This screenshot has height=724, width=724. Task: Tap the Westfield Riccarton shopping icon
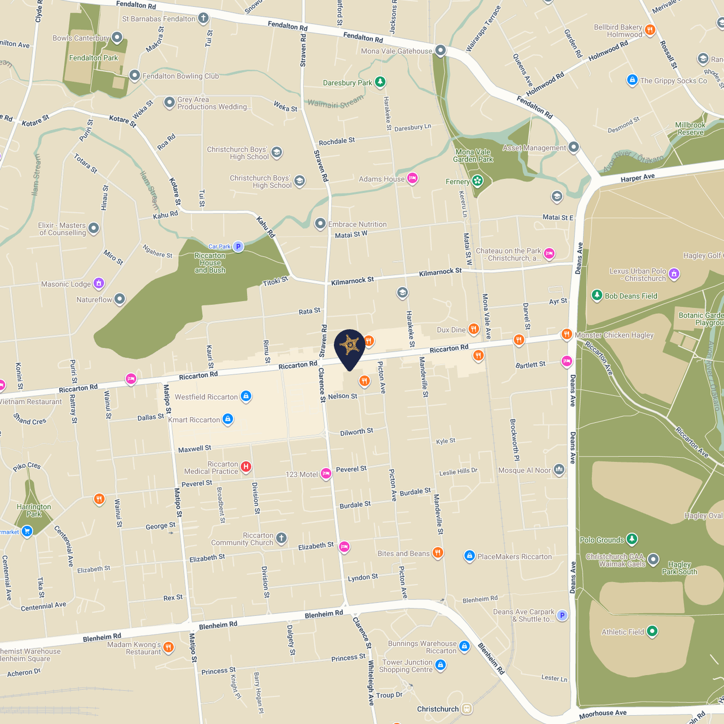point(246,396)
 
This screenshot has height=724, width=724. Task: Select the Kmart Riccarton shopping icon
point(228,419)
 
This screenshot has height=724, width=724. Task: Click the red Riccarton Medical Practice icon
point(246,467)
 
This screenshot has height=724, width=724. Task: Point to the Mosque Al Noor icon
point(559,469)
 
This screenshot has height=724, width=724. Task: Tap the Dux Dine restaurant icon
point(473,329)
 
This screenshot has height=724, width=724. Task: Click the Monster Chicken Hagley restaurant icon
point(566,334)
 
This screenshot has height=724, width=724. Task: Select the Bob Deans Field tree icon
point(597,295)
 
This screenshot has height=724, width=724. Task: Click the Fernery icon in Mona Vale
point(477,181)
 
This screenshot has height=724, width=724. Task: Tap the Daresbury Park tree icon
point(380,81)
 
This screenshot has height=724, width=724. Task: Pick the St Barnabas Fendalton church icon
point(203,18)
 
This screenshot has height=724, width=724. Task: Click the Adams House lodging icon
point(412,178)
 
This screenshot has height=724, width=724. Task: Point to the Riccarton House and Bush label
point(210,263)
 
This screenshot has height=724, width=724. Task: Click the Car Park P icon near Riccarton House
point(238,247)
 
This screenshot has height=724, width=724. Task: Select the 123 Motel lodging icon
point(326,473)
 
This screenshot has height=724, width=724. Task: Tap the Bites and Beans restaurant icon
point(437,553)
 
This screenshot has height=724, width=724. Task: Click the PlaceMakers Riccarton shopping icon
point(469,556)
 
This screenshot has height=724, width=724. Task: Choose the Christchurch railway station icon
point(467,709)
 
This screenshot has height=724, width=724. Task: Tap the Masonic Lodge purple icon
point(99,283)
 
